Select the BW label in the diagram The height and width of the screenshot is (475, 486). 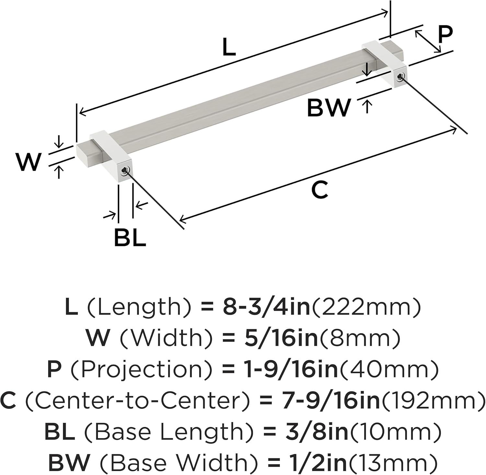[329, 108]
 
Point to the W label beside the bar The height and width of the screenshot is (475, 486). [29, 162]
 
